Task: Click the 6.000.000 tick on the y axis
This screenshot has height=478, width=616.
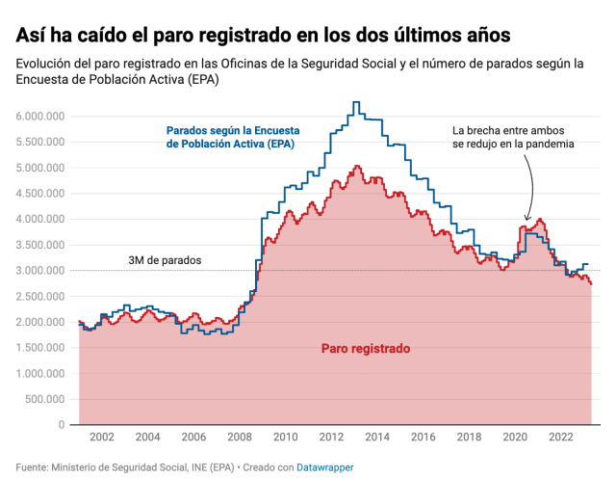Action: point(39,116)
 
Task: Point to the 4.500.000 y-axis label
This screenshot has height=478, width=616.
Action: point(39,193)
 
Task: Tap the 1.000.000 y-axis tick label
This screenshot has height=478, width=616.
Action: point(39,373)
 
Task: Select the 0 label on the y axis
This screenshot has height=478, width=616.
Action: point(60,425)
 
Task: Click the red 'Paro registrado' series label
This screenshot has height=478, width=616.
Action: point(366,348)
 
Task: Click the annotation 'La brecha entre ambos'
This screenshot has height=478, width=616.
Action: point(513,129)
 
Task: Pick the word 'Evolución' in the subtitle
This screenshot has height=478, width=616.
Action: point(45,64)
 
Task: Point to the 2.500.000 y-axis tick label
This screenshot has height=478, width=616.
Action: point(39,296)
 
